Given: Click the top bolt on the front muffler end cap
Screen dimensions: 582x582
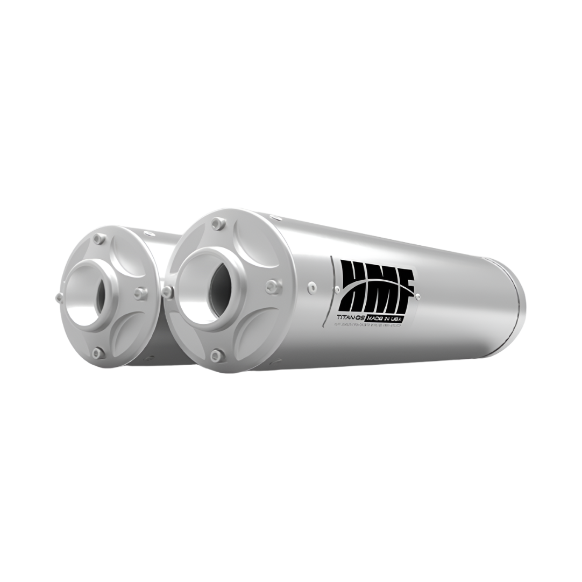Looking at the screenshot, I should click(x=218, y=223).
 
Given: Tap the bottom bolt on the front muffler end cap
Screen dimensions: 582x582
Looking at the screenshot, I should click(x=217, y=355).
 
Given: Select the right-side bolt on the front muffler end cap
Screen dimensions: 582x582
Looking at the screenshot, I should click(x=273, y=287).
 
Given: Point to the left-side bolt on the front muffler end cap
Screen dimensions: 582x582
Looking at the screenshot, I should click(x=168, y=293).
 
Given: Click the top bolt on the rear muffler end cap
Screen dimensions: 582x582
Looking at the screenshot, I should click(x=98, y=238).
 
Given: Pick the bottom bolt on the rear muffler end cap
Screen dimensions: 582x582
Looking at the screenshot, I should click(x=98, y=353).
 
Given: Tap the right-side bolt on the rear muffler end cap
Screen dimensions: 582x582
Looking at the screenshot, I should click(x=140, y=293).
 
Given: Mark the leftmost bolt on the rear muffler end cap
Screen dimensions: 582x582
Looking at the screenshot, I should click(x=59, y=297).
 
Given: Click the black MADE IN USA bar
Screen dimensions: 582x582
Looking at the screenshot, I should click(x=384, y=318).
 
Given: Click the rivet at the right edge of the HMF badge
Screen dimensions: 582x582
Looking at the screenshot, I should click(x=418, y=296).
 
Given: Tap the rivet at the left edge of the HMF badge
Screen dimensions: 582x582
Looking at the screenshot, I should click(x=337, y=289).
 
